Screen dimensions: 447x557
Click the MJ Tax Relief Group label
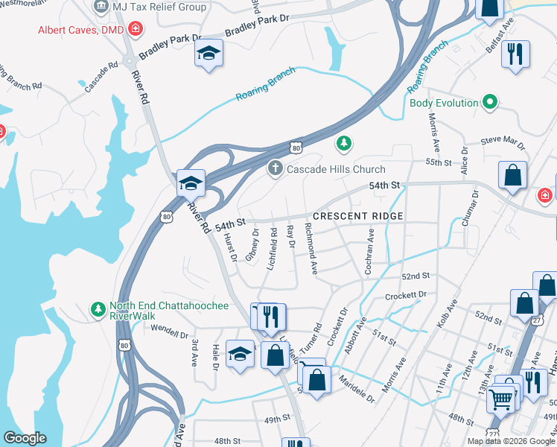[159, 7]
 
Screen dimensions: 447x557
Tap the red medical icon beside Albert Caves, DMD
[135, 30]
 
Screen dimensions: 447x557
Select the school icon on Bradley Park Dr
[209, 54]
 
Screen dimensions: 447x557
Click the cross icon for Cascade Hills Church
[276, 168]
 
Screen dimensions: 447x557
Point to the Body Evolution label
[443, 103]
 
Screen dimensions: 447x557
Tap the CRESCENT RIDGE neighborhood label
[357, 216]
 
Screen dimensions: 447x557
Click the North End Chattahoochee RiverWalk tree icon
[97, 308]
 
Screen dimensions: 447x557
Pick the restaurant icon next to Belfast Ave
[515, 54]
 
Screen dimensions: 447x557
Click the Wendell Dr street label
[169, 330]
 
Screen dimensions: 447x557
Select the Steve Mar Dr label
[503, 139]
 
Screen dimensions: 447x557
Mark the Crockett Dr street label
[406, 296]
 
